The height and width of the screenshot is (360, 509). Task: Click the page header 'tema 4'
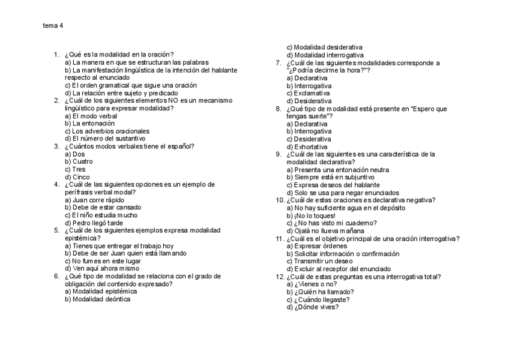[53, 26]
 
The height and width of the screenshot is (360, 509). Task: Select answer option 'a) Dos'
[74, 154]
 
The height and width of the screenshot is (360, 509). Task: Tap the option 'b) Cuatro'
[79, 161]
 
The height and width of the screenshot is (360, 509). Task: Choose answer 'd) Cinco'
[77, 177]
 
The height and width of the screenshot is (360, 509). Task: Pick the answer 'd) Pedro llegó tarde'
[94, 223]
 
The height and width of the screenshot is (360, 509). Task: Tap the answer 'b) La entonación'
[89, 123]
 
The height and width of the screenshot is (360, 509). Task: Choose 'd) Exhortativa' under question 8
[307, 147]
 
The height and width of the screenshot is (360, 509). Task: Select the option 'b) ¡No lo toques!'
[311, 215]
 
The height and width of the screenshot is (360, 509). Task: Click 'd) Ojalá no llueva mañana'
[325, 230]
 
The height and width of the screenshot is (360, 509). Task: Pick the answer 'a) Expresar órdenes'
[316, 246]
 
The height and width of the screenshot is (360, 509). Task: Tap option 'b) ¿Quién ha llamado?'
[319, 292]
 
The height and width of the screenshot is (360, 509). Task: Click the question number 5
[56, 230]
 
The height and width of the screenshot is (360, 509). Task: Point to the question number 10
[280, 200]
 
